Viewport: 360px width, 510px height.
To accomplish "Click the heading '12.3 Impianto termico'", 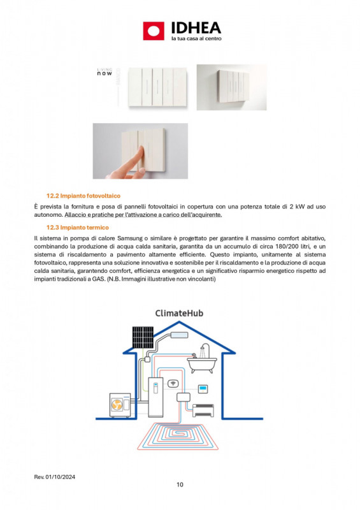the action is (x=78, y=227).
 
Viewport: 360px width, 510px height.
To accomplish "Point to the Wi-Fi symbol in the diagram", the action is (x=172, y=384).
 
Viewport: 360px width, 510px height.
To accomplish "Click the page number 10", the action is (x=180, y=485).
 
